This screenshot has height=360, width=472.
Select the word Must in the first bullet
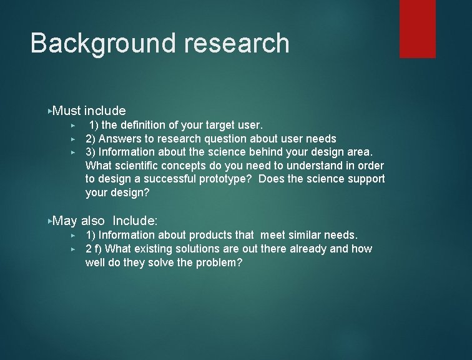[x=67, y=111]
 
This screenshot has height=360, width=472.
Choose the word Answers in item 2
[x=120, y=139]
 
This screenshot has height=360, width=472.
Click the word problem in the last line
[x=220, y=262]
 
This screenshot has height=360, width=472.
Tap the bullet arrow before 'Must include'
[x=50, y=111]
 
